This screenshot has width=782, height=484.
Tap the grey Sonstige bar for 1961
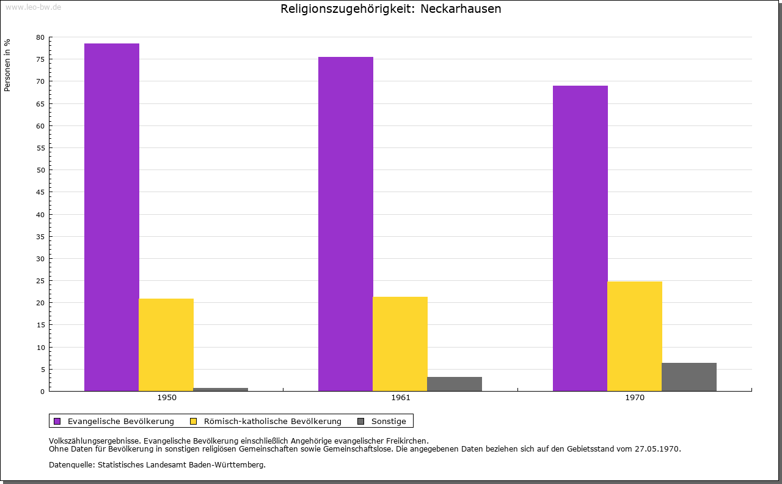pos(455,384)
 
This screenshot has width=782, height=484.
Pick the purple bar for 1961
pos(346,224)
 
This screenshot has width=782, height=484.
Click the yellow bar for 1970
pos(635,336)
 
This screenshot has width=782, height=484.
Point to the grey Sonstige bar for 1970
pos(689,377)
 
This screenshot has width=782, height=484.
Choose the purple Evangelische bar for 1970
pos(580,238)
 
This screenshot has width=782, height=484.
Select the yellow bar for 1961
pos(400,344)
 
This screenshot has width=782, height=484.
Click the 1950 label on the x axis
pos(167,398)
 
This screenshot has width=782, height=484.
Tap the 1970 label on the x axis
pos(635,398)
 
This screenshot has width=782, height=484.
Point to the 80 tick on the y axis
pos(40,37)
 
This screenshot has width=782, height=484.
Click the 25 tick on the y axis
pos(40,281)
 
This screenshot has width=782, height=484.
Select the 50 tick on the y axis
pos(40,170)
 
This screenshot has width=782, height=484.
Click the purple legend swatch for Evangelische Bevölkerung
pos(57,421)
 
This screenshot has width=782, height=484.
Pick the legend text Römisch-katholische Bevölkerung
pos(272,421)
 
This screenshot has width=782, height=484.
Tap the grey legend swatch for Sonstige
pos(360,421)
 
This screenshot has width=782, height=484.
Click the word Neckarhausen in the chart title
pos(461,9)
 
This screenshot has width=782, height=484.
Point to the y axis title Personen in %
pos(7,65)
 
